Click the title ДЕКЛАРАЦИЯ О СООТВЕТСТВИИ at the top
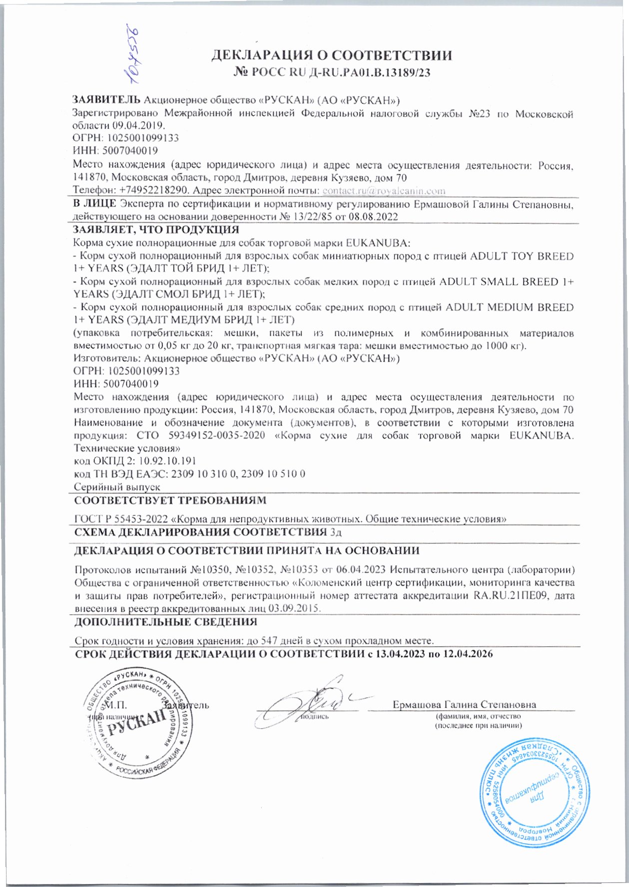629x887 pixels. click(x=332, y=55)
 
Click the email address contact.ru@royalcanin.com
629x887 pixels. click(x=384, y=190)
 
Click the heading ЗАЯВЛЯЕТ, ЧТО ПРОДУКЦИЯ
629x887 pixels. click(x=156, y=230)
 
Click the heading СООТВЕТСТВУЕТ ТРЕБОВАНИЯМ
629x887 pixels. click(x=170, y=500)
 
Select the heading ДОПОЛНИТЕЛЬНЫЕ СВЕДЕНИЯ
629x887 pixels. click(x=165, y=622)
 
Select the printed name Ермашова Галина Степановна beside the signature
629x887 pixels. click(x=464, y=705)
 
